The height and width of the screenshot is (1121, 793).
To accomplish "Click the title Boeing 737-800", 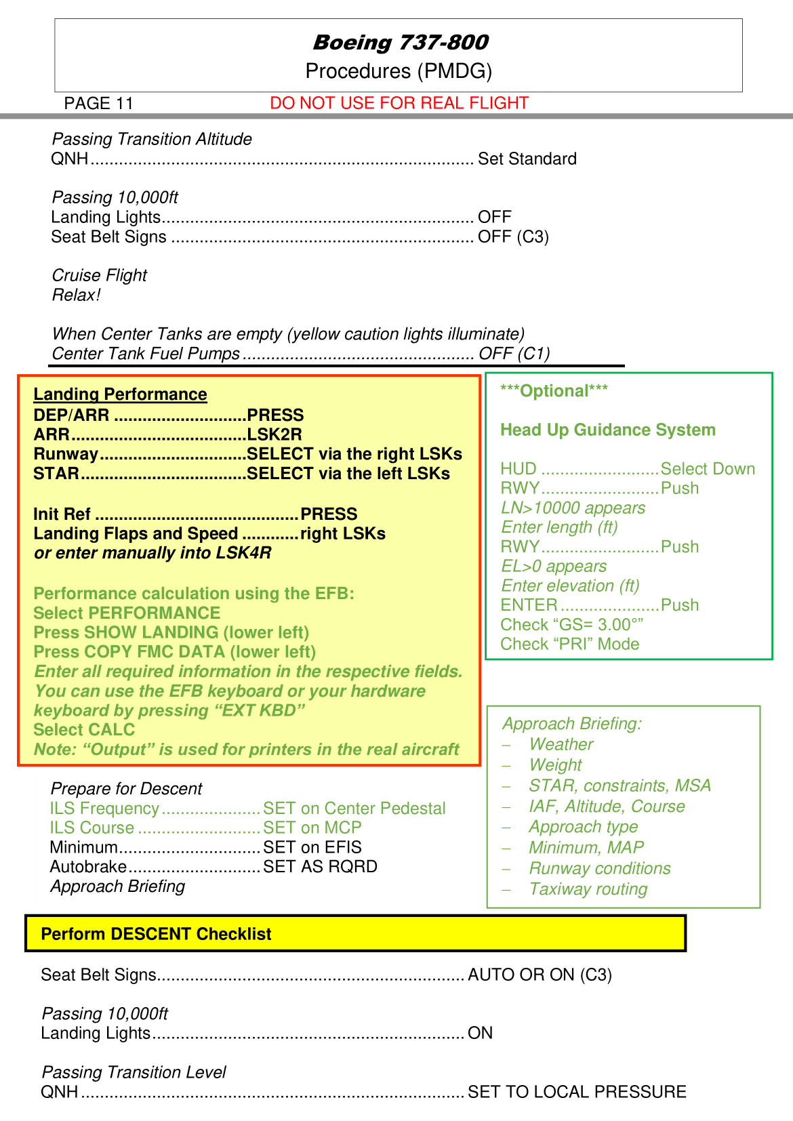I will [400, 43].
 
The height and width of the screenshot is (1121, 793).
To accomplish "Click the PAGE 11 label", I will [99, 103].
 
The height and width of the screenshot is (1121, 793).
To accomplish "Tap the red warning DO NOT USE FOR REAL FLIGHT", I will [399, 103].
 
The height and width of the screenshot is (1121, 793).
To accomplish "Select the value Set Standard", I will [527, 159].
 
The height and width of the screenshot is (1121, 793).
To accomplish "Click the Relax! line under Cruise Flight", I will [77, 295].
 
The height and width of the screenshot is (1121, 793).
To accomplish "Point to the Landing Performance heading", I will [120, 394].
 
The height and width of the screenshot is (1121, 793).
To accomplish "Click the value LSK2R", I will [274, 434].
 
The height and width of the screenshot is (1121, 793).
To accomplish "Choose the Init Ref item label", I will [62, 514].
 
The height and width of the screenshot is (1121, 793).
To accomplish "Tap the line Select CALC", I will [84, 730].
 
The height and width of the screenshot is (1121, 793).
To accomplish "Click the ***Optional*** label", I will [554, 391].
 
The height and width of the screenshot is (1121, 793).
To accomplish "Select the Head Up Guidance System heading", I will [608, 430].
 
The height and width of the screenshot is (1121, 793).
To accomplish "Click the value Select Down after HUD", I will [708, 469].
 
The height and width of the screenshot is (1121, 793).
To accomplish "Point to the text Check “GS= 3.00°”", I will [572, 625].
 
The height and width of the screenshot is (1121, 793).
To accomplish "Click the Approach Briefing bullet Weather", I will [561, 744].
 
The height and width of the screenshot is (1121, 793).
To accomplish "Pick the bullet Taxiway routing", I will [588, 889].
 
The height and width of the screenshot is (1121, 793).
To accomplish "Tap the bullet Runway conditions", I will [600, 869].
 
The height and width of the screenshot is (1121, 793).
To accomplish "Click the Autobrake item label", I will [88, 867].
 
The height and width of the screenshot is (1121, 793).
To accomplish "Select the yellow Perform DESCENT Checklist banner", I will [356, 934].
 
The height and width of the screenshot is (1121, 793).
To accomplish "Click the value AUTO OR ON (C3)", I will [540, 975].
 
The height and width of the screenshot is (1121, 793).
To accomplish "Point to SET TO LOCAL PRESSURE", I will [577, 1092].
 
